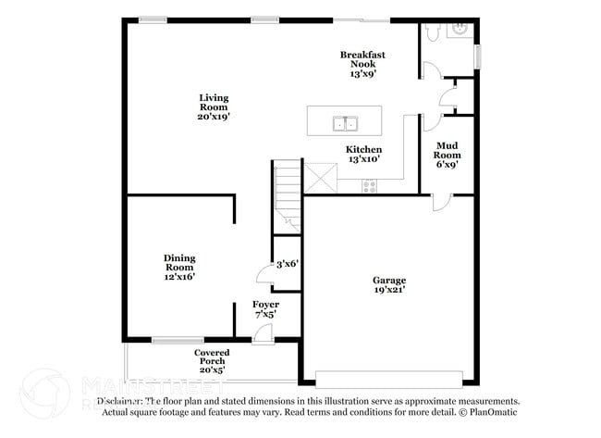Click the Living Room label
tap(214, 107)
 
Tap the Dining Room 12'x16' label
tap(179, 267)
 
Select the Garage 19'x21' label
tap(389, 284)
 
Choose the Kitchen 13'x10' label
tap(363, 155)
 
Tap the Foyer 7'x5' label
tap(265, 309)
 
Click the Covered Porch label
tap(212, 361)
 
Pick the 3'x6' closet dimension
tap(287, 264)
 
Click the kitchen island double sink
tap(346, 122)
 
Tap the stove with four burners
tap(370, 185)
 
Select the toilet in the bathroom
tap(433, 32)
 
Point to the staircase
tap(288, 194)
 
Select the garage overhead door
tap(388, 378)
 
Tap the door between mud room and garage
tap(442, 201)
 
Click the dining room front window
tap(178, 341)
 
